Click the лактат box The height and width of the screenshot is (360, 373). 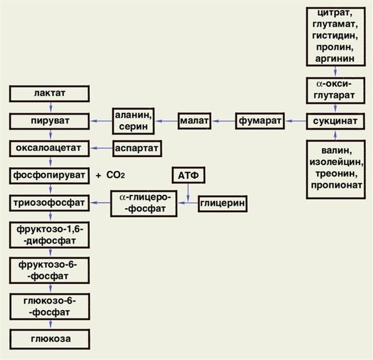click(x=50, y=93)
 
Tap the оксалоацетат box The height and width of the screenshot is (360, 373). click(x=50, y=148)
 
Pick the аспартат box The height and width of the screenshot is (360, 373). click(x=136, y=148)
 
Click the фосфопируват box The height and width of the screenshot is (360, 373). click(x=50, y=175)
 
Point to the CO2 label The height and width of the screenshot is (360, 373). click(x=116, y=175)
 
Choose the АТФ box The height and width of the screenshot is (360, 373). click(x=188, y=175)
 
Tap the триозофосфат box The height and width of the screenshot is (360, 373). click(x=50, y=203)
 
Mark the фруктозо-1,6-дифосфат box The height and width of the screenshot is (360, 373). click(x=50, y=234)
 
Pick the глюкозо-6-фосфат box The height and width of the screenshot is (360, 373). click(x=50, y=306)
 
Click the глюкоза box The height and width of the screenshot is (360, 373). click(x=50, y=338)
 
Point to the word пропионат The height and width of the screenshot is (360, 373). click(x=335, y=185)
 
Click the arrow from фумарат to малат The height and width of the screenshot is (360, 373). click(x=224, y=121)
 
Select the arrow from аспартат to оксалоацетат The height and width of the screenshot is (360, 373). click(x=101, y=148)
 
